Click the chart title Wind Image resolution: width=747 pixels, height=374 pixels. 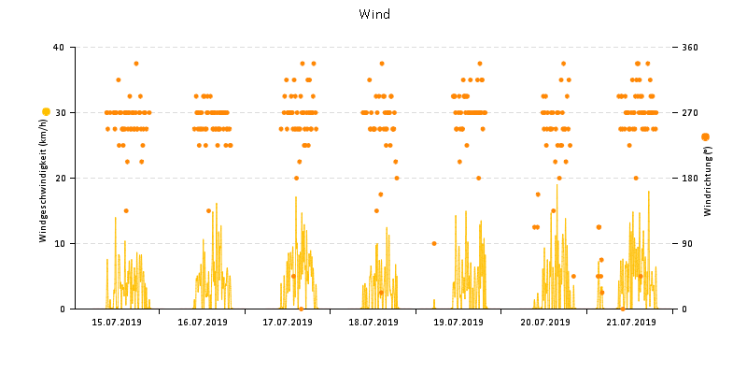tap(374, 15)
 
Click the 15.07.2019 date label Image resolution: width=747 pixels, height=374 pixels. tap(117, 323)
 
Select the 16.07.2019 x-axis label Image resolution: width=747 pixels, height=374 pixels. tap(203, 323)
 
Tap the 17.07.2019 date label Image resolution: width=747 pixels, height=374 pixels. tap(288, 323)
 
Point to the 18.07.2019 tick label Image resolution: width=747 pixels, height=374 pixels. tap(373, 323)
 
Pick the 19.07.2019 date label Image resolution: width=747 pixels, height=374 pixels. tap(458, 323)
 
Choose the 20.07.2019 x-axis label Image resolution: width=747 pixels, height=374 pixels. tap(544, 323)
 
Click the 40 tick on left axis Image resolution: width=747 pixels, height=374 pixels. tap(59, 48)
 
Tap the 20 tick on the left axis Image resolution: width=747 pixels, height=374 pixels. tap(59, 179)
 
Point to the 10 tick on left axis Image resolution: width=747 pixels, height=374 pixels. tap(59, 244)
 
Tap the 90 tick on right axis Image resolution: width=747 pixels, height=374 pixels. tap(686, 244)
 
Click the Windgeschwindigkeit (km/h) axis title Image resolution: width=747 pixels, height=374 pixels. tap(43, 186)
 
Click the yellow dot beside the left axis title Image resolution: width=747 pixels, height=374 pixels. tap(46, 112)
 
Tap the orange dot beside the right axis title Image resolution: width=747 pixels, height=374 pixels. tap(705, 137)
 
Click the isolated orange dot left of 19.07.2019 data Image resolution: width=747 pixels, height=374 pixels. tap(434, 243)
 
